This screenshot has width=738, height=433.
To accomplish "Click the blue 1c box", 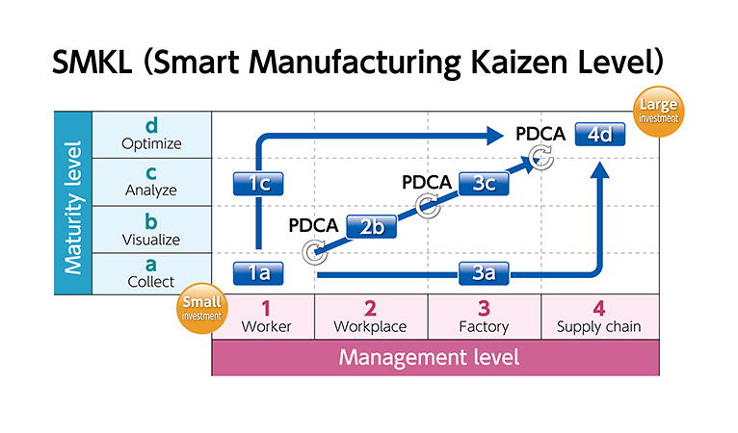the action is [x=258, y=184].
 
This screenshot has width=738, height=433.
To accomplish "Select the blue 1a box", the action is [x=258, y=273].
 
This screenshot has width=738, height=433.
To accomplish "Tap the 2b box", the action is [x=371, y=227].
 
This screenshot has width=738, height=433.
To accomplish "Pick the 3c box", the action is [x=484, y=184].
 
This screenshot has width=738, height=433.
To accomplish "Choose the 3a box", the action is [x=484, y=273].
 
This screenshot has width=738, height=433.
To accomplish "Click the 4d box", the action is [x=600, y=135].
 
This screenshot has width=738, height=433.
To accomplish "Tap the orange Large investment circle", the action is [x=658, y=112].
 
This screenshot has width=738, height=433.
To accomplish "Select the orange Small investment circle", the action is [x=202, y=309].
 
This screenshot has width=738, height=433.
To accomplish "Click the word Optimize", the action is [x=151, y=143].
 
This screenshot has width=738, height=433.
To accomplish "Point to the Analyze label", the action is [x=151, y=190].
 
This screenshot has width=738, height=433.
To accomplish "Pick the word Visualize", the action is [x=151, y=240].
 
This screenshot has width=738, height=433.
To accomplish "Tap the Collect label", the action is [x=151, y=282].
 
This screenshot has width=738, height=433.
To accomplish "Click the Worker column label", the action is [x=267, y=326].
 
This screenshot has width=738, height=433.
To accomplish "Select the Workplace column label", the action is [x=370, y=327].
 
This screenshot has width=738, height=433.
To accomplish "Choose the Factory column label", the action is [x=484, y=327].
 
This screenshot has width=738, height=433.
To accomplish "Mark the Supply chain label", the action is [x=598, y=327].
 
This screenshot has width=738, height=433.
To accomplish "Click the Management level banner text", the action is [x=429, y=357].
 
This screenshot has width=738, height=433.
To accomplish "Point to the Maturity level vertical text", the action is [x=73, y=207].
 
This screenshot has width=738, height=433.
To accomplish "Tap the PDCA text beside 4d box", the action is [x=540, y=134].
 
